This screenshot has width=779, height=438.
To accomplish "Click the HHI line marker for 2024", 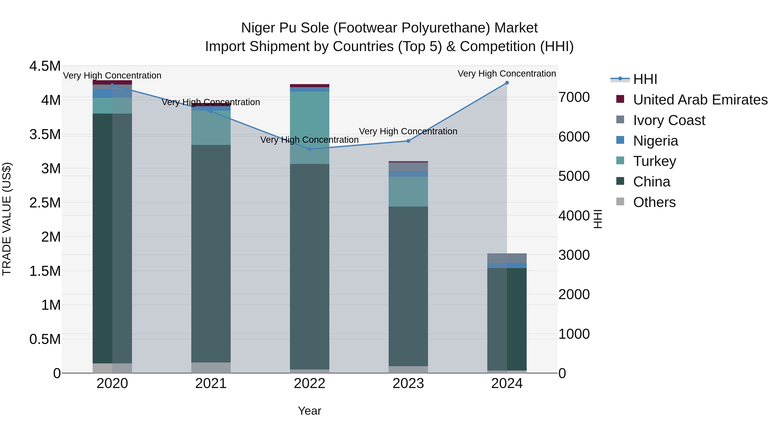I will [x=507, y=83].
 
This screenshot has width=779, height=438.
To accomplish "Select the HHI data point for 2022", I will [x=309, y=149].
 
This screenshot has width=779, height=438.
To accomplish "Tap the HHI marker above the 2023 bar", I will [x=408, y=141].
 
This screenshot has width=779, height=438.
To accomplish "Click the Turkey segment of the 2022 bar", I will [x=309, y=127].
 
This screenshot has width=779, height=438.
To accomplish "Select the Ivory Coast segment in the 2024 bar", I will [x=507, y=258].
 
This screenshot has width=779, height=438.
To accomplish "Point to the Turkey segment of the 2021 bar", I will [x=211, y=128].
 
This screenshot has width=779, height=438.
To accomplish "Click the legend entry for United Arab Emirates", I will [x=700, y=100].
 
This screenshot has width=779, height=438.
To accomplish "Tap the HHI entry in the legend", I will [x=645, y=79].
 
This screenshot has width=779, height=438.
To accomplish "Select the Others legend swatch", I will [x=620, y=202].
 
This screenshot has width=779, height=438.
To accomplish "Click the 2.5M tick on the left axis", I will [x=45, y=202].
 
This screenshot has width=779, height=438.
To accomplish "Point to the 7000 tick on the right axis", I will [x=574, y=97].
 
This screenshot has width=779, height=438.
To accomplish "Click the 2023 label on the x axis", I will [x=408, y=383].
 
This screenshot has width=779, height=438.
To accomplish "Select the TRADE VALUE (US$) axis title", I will [x=7, y=219].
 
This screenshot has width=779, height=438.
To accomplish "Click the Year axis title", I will [x=309, y=411].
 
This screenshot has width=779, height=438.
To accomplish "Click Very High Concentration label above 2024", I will [x=507, y=74].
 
